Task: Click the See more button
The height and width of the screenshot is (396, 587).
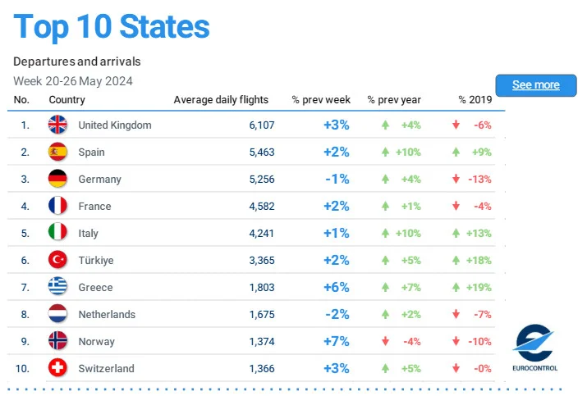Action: click(x=535, y=85)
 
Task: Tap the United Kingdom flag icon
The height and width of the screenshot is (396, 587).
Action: click(x=57, y=125)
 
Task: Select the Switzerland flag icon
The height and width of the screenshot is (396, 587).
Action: click(x=57, y=368)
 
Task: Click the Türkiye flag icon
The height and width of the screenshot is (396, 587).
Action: click(x=57, y=260)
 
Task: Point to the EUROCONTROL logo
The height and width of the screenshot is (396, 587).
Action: click(x=534, y=348)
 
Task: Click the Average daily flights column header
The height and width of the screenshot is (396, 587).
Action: click(x=221, y=100)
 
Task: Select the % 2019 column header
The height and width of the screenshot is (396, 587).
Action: click(x=475, y=100)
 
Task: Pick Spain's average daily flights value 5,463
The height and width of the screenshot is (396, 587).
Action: click(x=261, y=152)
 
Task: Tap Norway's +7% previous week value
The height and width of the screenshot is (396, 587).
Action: click(x=336, y=341)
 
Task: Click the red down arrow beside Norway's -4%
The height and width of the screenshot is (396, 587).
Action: click(x=384, y=341)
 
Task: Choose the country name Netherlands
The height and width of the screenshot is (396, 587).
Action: click(x=107, y=314)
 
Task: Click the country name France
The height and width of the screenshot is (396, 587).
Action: click(x=94, y=206)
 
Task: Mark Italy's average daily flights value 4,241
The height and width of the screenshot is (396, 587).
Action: click(x=261, y=233)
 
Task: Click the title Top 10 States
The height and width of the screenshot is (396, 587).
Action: click(x=112, y=26)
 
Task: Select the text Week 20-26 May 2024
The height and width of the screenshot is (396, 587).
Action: click(x=73, y=80)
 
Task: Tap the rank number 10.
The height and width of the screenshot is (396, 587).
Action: click(x=25, y=368)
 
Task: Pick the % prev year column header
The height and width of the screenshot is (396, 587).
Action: click(x=394, y=100)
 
